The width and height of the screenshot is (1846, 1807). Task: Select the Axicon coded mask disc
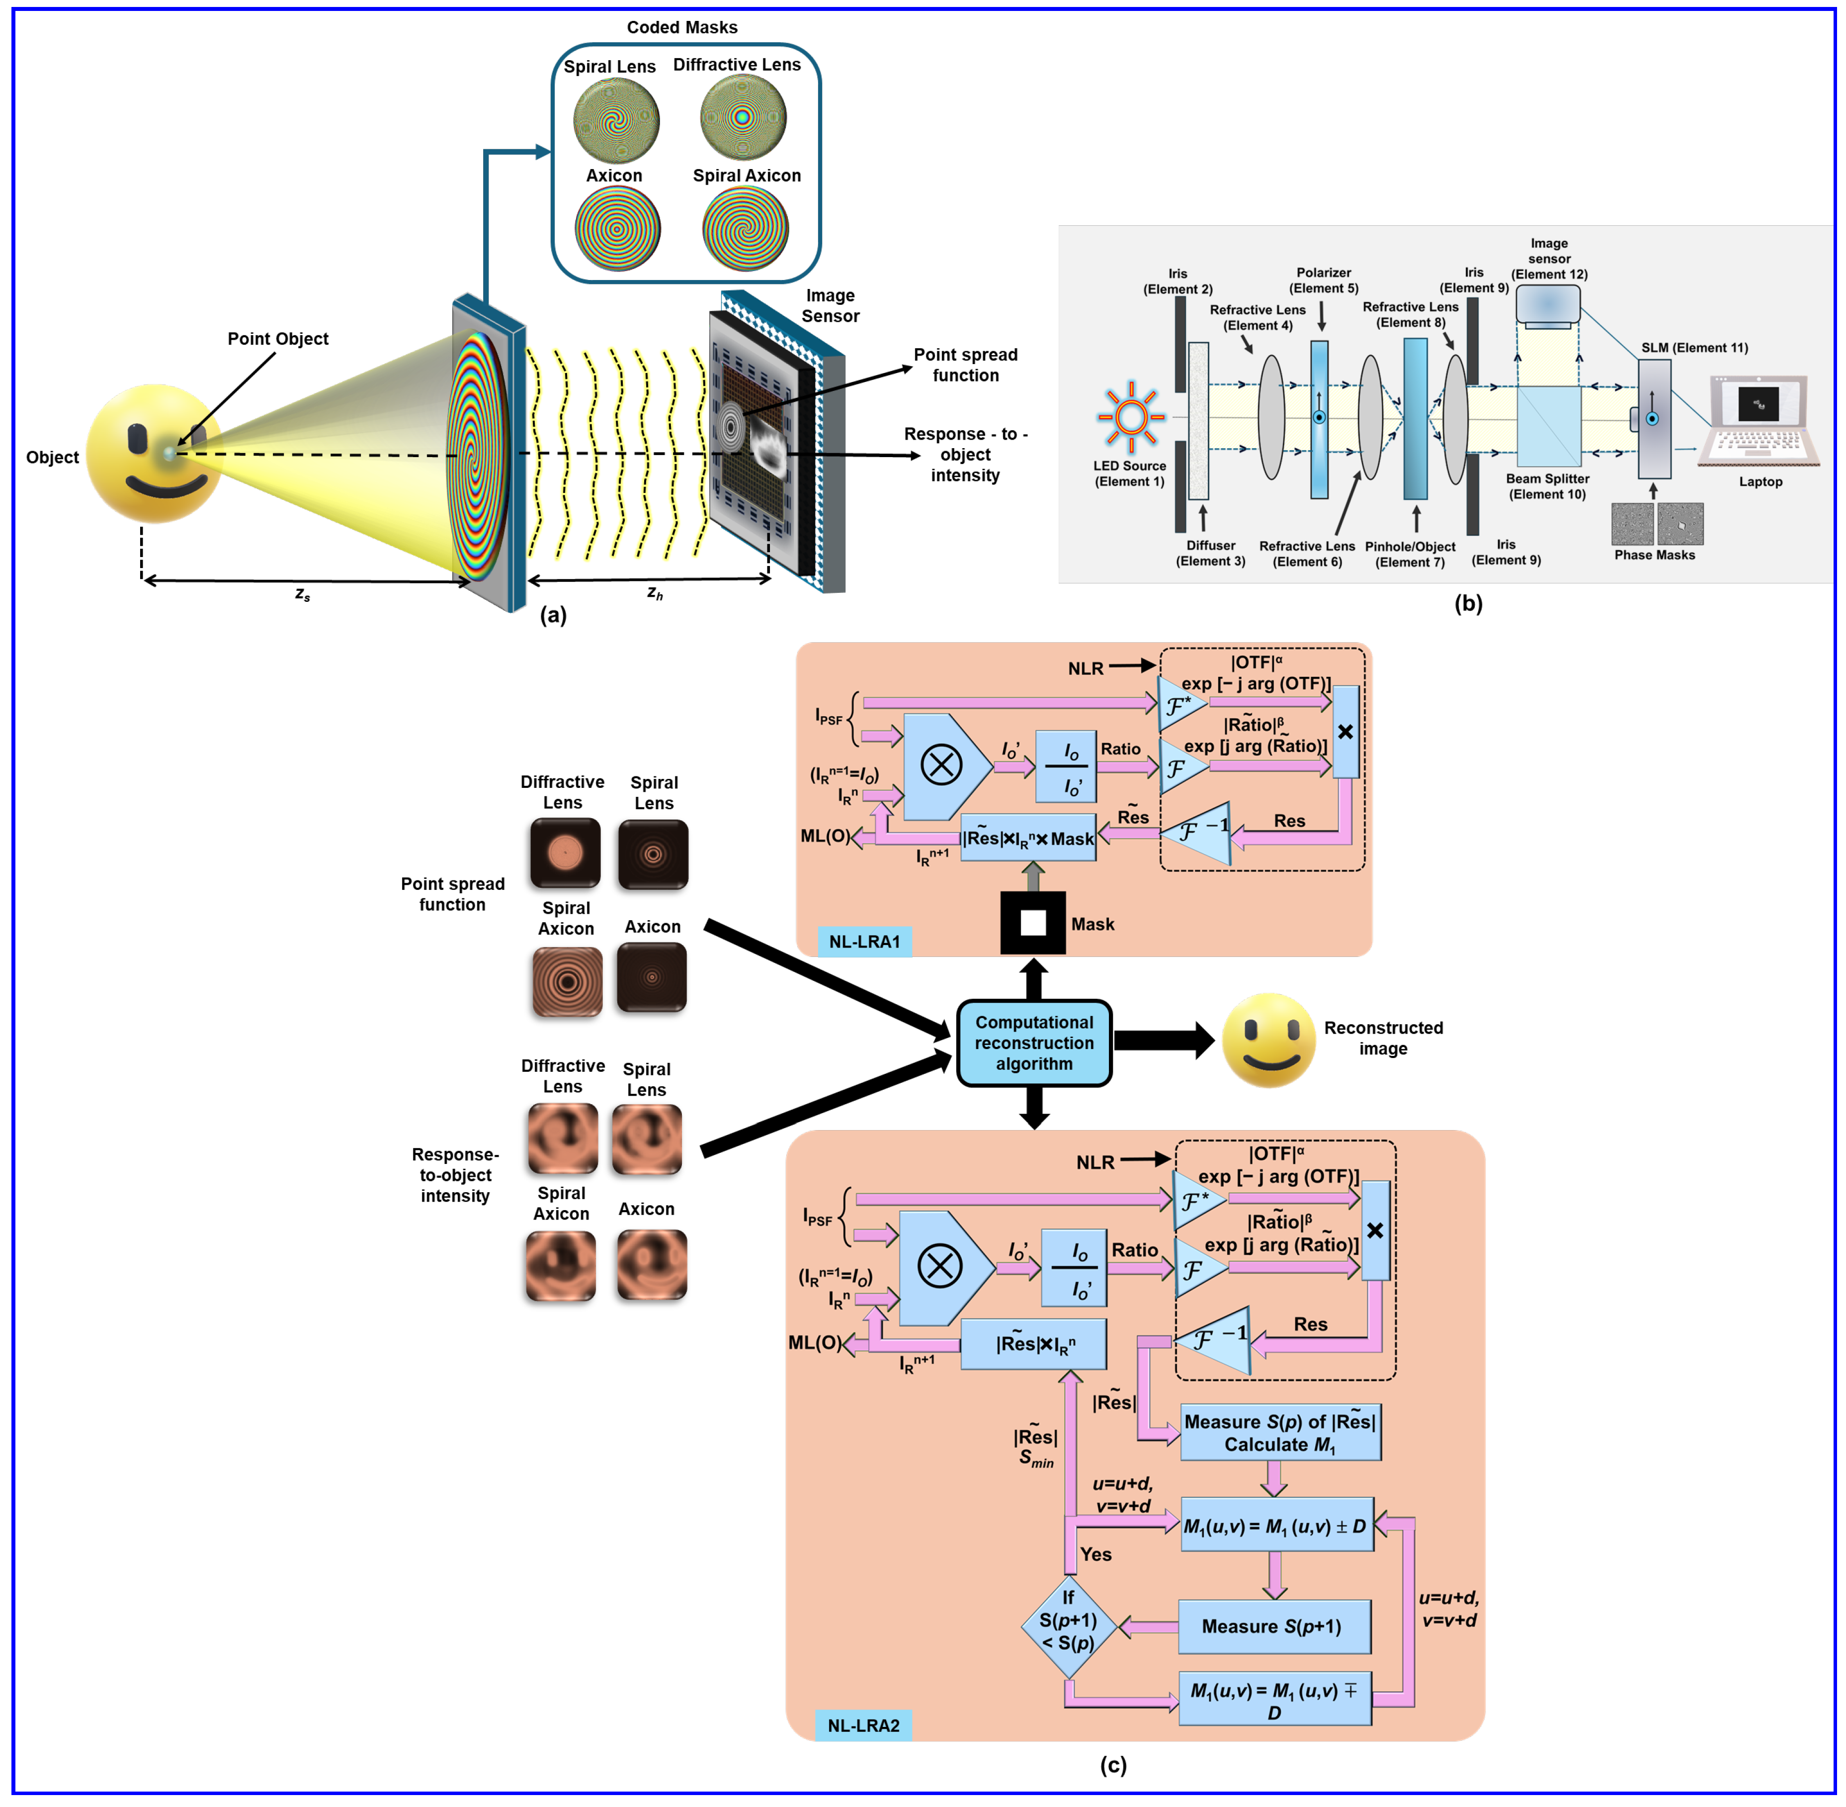[x=617, y=228]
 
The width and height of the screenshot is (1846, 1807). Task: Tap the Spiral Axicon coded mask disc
[x=746, y=228]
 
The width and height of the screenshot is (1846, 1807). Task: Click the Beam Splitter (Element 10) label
[x=1547, y=486]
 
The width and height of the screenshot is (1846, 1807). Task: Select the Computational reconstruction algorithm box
[x=1034, y=1042]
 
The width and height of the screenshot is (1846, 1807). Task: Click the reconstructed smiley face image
[x=1268, y=1040]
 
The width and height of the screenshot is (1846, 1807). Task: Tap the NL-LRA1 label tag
[x=864, y=942]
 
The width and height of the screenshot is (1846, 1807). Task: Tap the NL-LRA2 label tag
[x=863, y=1724]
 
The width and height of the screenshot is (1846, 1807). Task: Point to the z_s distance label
[x=303, y=594]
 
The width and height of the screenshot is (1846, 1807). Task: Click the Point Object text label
[x=278, y=339]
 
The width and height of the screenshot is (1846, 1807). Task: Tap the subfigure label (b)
[x=1467, y=604]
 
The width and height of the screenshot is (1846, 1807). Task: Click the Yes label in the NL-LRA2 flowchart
[x=1095, y=1554]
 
